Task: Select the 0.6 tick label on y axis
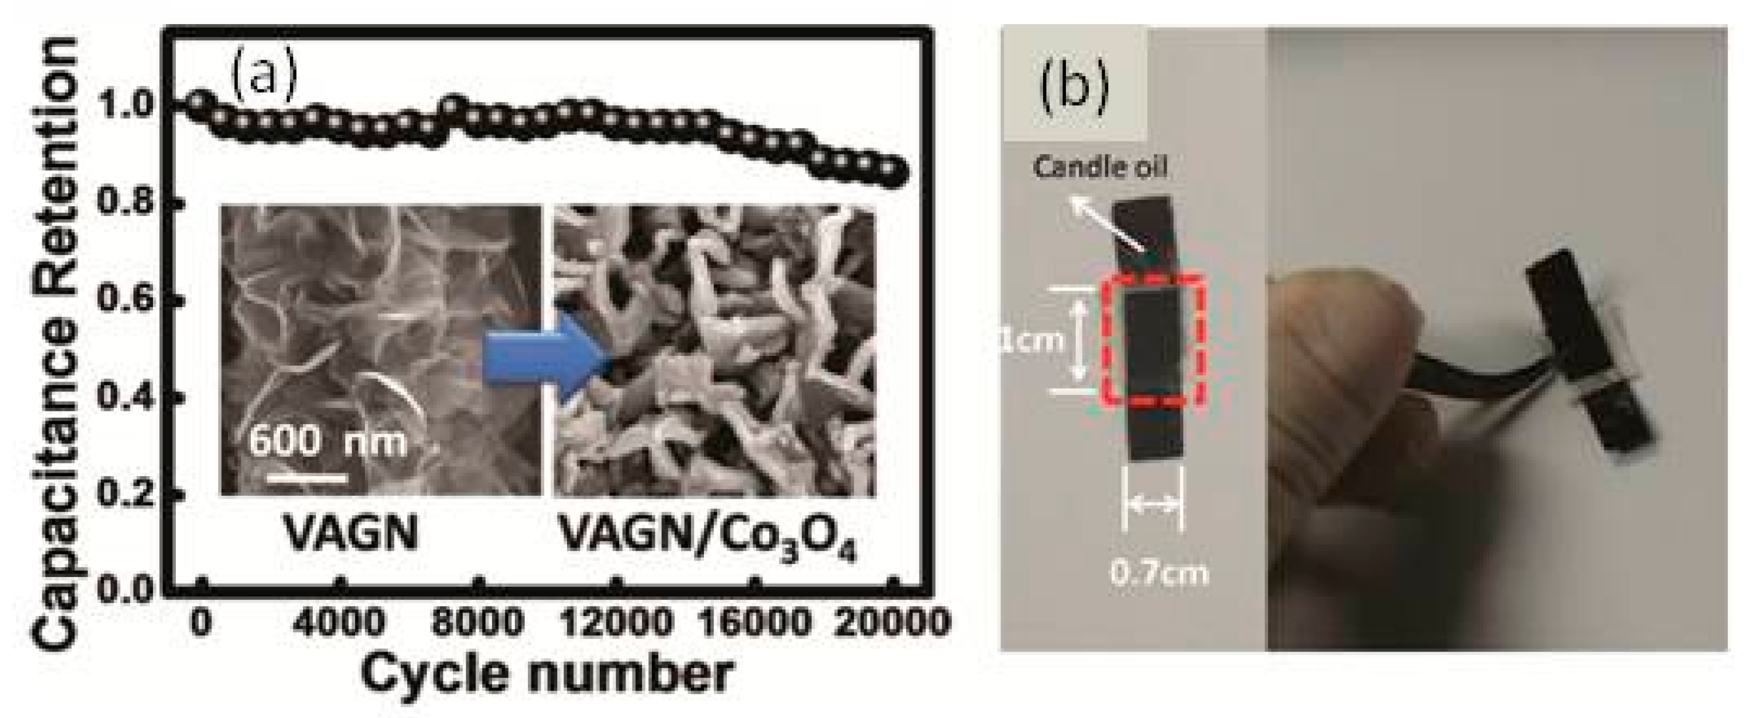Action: click(x=129, y=300)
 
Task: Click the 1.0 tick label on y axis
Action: click(x=129, y=105)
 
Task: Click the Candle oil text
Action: click(x=1100, y=168)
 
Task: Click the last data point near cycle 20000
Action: click(x=895, y=173)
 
